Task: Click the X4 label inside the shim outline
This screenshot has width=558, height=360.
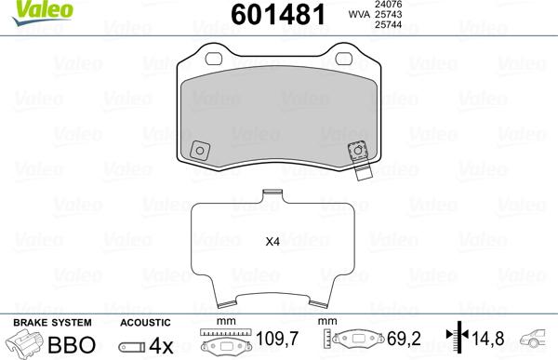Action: tap(272, 242)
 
